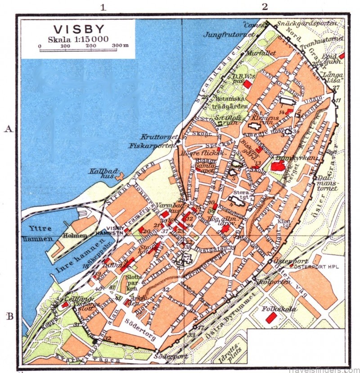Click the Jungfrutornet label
229,34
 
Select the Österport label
282,261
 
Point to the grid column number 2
265,7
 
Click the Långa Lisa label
333,76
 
